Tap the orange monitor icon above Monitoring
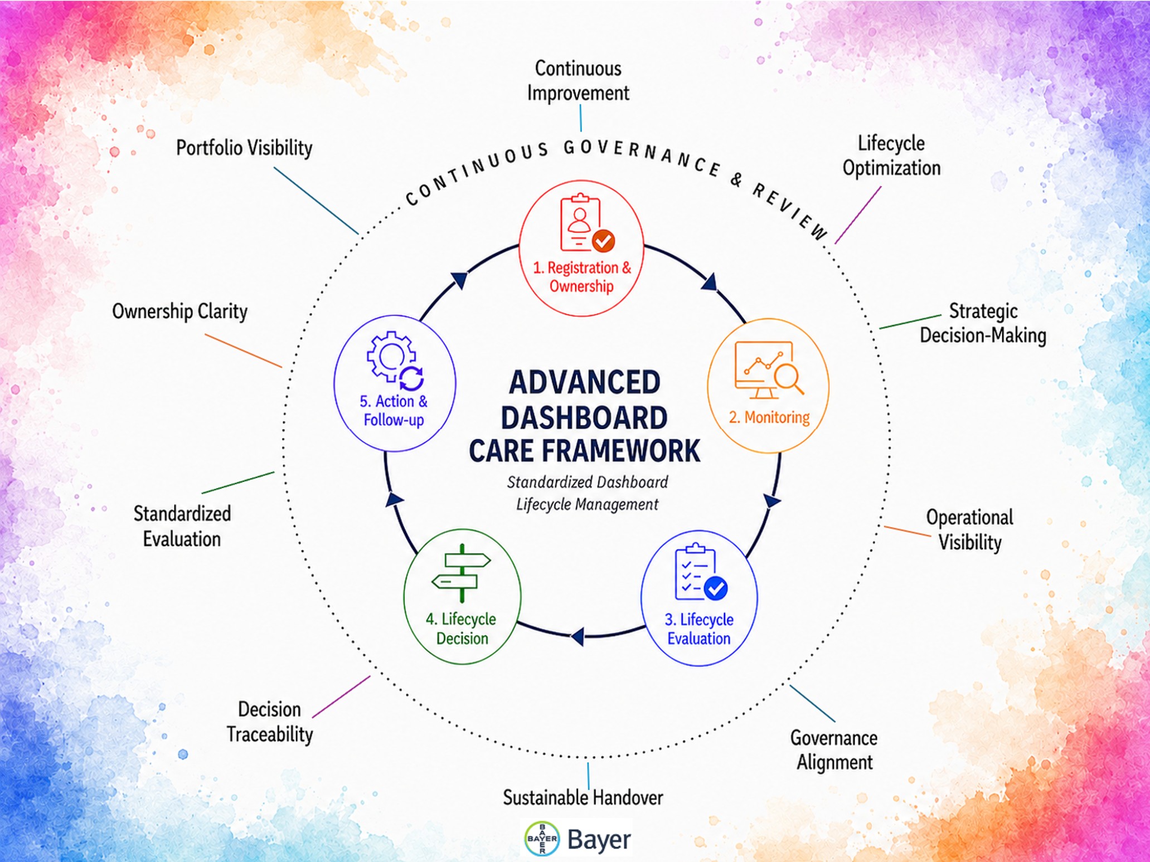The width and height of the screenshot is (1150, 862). click(x=769, y=369)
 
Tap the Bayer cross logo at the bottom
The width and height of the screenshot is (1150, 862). click(x=542, y=839)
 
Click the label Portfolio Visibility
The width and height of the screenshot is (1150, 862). click(x=244, y=148)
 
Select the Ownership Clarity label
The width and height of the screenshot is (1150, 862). click(x=179, y=311)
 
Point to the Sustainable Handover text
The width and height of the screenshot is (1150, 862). click(x=583, y=797)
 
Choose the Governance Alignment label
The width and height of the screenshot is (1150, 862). click(x=834, y=750)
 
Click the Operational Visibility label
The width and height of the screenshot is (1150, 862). click(x=970, y=529)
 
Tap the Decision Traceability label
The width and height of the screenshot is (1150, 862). click(x=270, y=722)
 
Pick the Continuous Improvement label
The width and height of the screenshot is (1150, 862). click(x=578, y=80)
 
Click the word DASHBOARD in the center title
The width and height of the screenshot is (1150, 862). click(x=584, y=417)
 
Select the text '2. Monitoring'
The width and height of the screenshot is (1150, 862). click(x=769, y=417)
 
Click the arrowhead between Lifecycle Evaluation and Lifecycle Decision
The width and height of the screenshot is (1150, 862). click(x=578, y=636)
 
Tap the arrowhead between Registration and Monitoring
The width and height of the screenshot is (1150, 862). click(x=710, y=282)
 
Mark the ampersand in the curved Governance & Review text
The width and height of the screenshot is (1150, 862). click(x=737, y=179)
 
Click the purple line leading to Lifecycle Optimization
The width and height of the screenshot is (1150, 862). click(x=858, y=215)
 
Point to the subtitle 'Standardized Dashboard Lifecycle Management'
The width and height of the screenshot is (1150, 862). click(x=587, y=493)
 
